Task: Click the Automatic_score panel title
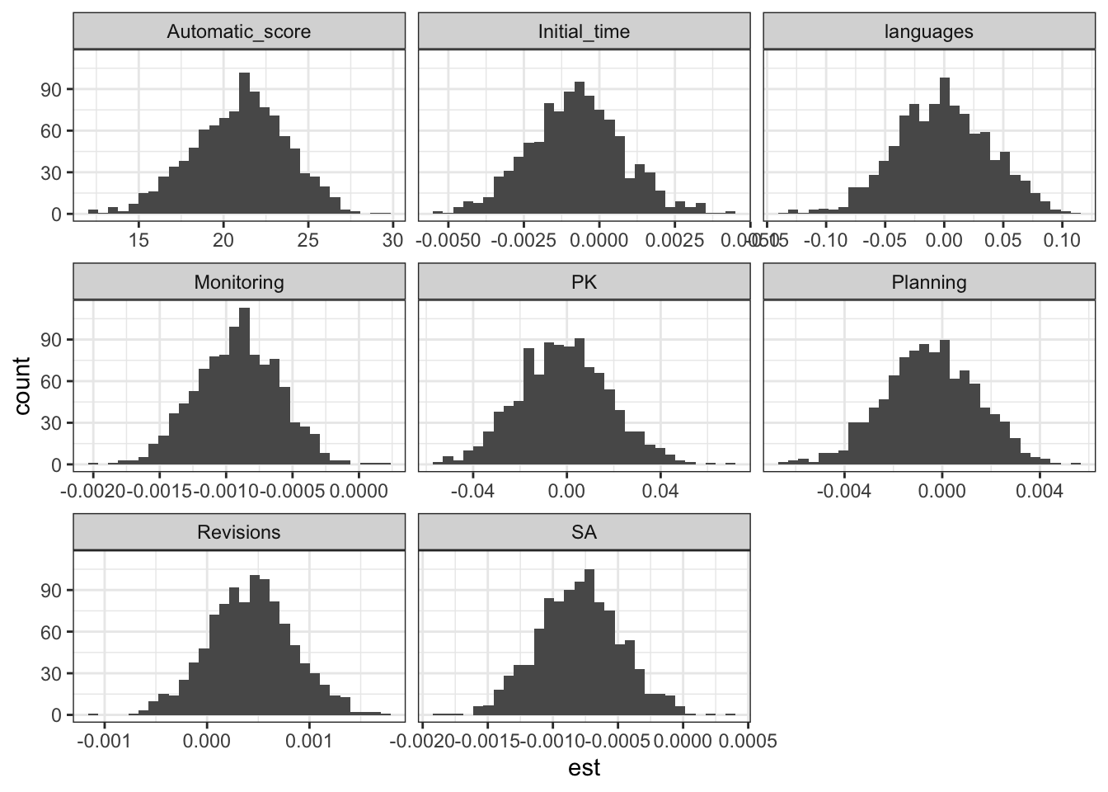(239, 32)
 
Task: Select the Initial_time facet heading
(584, 32)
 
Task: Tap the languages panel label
(928, 32)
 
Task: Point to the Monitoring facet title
(239, 282)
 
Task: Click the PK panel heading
(584, 282)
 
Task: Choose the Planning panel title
(928, 282)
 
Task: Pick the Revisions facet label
(239, 532)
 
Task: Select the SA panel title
(584, 532)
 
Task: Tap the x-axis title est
(584, 769)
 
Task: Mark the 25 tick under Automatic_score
(308, 240)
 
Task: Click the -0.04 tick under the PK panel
(472, 490)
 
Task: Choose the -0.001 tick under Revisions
(105, 740)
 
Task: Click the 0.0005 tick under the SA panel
(748, 740)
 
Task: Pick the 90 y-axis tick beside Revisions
(51, 590)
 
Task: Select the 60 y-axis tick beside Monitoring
(51, 381)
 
